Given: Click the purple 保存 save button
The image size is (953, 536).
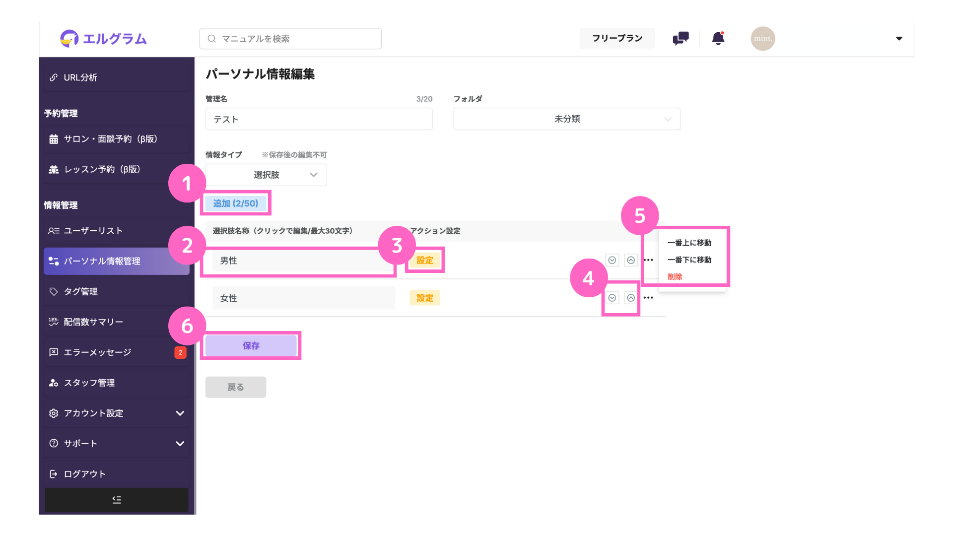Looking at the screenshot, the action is [251, 345].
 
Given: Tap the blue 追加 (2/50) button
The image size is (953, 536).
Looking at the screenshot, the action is [236, 203].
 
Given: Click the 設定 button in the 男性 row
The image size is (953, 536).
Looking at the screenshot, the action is [425, 260].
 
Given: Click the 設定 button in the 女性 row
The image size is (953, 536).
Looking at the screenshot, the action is [425, 298].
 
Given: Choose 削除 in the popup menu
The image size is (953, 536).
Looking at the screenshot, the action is [675, 276].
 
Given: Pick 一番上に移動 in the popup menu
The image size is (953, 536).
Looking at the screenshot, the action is [689, 243].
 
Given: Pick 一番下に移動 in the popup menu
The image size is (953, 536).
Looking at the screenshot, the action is [689, 260].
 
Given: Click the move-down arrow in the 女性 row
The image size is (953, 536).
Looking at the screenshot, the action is [612, 298].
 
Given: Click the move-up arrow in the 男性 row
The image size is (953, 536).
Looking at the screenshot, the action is [631, 260].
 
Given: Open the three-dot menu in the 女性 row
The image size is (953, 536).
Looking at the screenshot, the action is [648, 298].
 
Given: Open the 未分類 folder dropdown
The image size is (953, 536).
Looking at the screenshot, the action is [567, 119].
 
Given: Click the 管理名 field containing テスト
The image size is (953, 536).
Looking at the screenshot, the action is [319, 119].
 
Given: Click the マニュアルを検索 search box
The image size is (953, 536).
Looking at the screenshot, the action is [290, 39].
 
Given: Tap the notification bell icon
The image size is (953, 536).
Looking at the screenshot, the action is [718, 38].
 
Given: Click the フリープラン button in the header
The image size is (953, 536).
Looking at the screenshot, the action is [617, 38].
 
